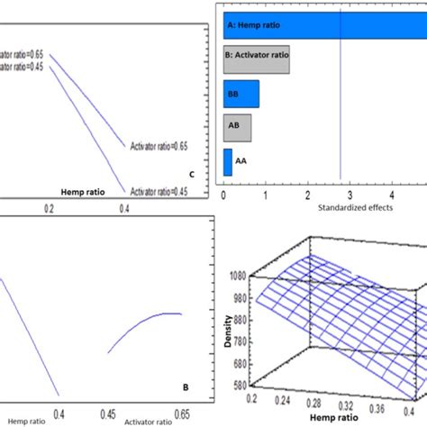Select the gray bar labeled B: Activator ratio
[x=257, y=59]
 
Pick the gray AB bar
[x=237, y=129]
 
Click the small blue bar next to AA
[x=227, y=163]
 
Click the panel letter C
[x=190, y=174]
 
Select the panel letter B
[x=185, y=388]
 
